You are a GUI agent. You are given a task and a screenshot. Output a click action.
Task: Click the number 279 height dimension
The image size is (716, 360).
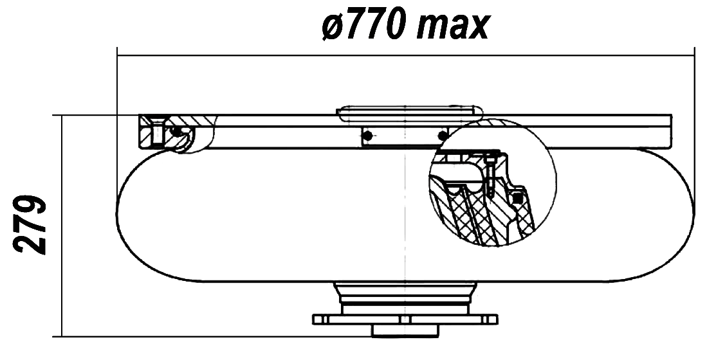[x=30, y=225]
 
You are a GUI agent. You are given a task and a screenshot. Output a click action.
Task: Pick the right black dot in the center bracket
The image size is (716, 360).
[x=441, y=135]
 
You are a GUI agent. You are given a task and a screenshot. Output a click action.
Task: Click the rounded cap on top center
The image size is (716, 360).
[x=410, y=113]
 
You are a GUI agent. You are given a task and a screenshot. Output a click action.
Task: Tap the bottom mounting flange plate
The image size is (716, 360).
[x=405, y=319]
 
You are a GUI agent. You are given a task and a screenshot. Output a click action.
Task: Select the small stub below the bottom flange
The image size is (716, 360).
[x=405, y=330]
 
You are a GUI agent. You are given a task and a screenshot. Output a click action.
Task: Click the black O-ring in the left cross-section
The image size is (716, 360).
[x=175, y=132]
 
